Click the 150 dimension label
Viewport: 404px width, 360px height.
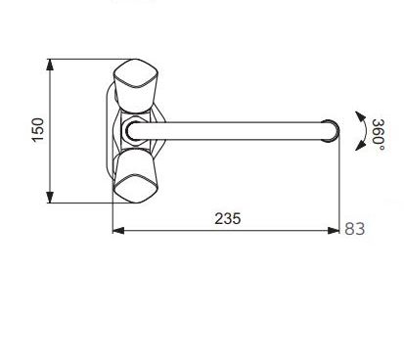click(38, 129)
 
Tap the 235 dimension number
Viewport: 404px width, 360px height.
click(228, 218)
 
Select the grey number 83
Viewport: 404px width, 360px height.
click(355, 229)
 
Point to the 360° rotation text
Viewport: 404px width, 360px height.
click(379, 135)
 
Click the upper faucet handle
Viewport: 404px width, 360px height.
click(135, 85)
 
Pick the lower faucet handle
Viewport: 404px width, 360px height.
click(135, 176)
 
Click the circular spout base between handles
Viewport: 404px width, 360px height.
click(133, 131)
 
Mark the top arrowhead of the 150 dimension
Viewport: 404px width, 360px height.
click(50, 65)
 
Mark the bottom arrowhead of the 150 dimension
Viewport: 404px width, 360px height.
click(50, 198)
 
